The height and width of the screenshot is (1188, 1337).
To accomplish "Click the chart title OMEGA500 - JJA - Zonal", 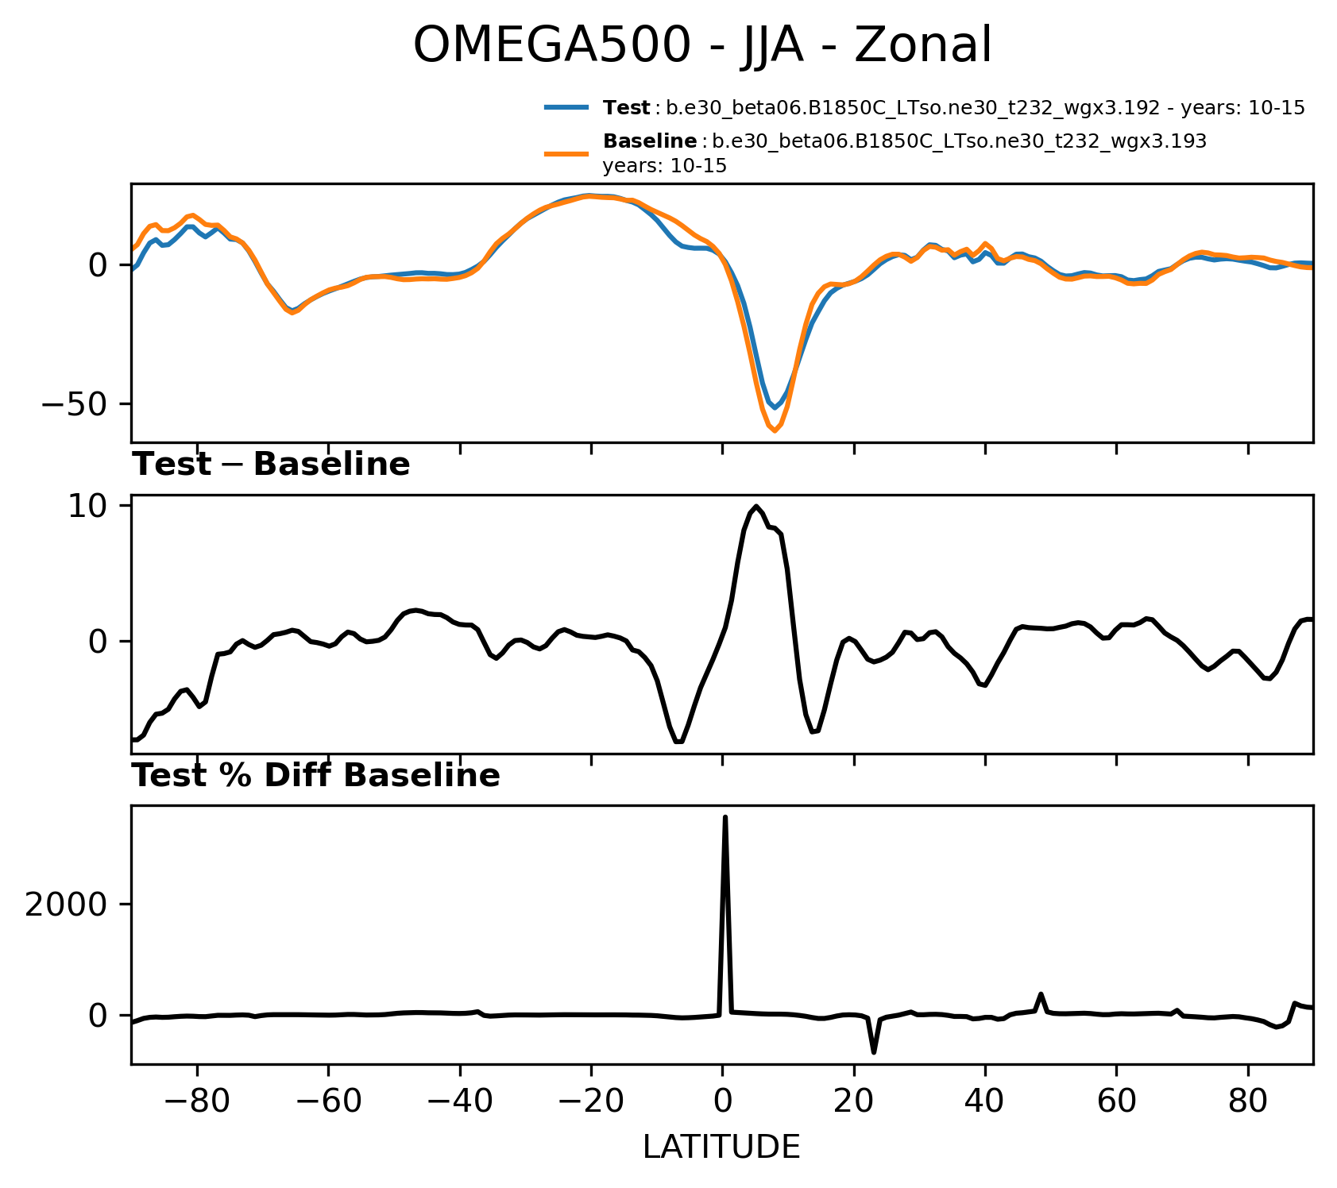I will point(702,45).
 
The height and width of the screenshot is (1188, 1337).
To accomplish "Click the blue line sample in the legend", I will point(566,107).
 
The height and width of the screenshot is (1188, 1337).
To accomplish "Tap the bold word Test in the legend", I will point(627,108).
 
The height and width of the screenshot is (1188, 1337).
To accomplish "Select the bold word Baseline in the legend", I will point(650,141).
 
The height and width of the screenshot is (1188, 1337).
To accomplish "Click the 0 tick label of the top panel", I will point(98,264).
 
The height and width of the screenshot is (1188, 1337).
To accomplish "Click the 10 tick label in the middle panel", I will point(87,506).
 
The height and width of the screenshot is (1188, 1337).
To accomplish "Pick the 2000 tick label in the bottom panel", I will point(66,904).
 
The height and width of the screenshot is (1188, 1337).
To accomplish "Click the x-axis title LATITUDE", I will point(721,1147).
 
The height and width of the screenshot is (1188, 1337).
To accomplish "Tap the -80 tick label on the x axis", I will point(197,1101).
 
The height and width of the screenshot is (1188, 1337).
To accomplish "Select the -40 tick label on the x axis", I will point(460,1101).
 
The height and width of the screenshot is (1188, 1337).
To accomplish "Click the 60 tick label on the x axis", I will point(1116,1101).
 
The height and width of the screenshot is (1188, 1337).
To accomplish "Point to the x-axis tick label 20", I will point(854,1101).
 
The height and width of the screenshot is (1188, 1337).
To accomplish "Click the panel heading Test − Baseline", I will point(271,465).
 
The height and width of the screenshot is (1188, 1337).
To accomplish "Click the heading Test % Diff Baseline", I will point(315,776).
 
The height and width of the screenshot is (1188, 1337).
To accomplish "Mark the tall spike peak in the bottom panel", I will point(725,817).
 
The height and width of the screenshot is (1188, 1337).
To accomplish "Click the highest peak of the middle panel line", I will point(755,506).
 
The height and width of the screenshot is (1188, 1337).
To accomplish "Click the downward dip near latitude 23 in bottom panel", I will point(874,1052).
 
